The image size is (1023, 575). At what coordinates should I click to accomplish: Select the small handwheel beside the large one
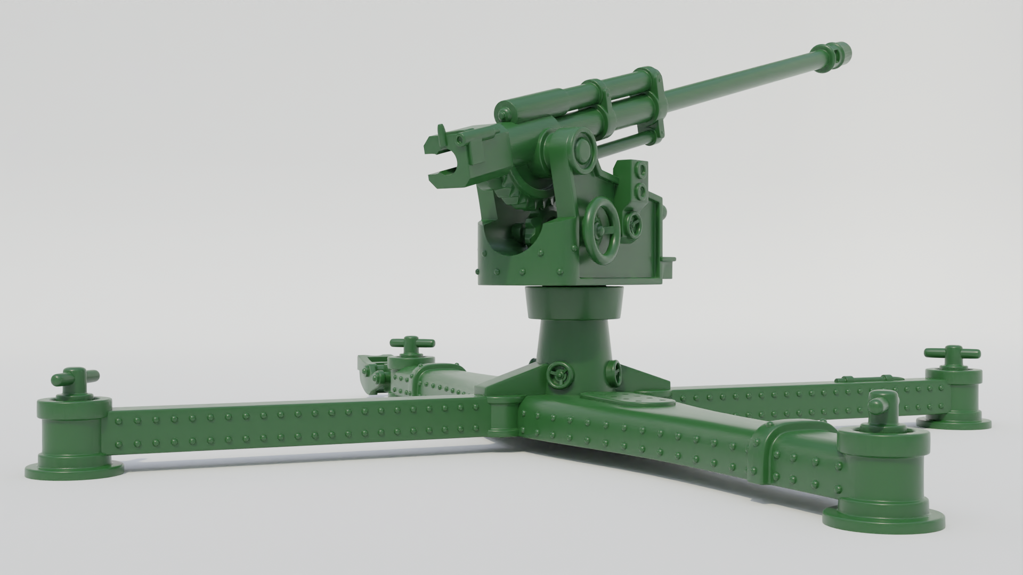point(633,224)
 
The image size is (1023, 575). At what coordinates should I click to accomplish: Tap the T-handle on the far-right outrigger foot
point(952,355)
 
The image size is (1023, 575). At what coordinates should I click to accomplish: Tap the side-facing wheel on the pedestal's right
point(614,373)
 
